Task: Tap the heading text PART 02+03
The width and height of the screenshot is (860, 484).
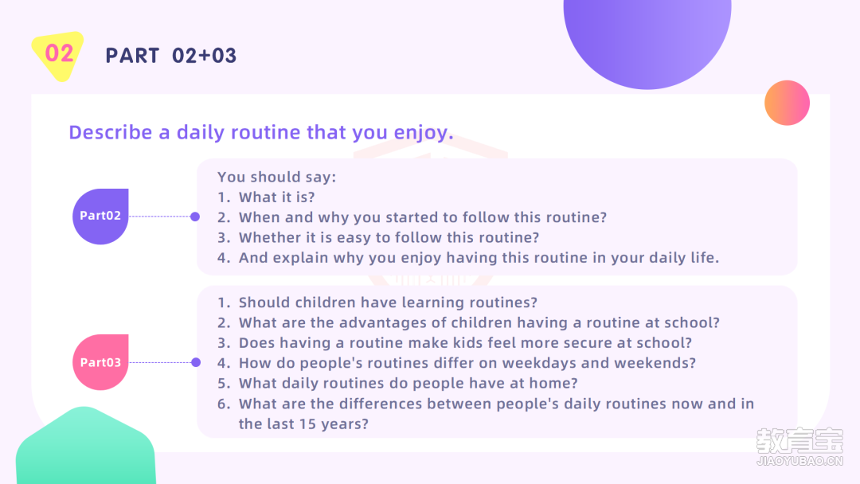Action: coord(171,56)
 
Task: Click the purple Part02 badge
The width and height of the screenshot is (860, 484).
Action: coord(100,217)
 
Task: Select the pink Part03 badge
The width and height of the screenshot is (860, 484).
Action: coord(100,362)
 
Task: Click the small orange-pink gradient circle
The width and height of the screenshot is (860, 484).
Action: coord(787,103)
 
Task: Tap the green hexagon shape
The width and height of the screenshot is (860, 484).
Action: coord(85,447)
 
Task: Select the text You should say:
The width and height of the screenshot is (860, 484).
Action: coord(277,177)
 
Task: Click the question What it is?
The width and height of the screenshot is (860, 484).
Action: coord(277,197)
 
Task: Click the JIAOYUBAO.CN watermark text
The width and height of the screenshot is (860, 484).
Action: coord(799,461)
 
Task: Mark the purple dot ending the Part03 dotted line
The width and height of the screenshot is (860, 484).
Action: coord(196,362)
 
